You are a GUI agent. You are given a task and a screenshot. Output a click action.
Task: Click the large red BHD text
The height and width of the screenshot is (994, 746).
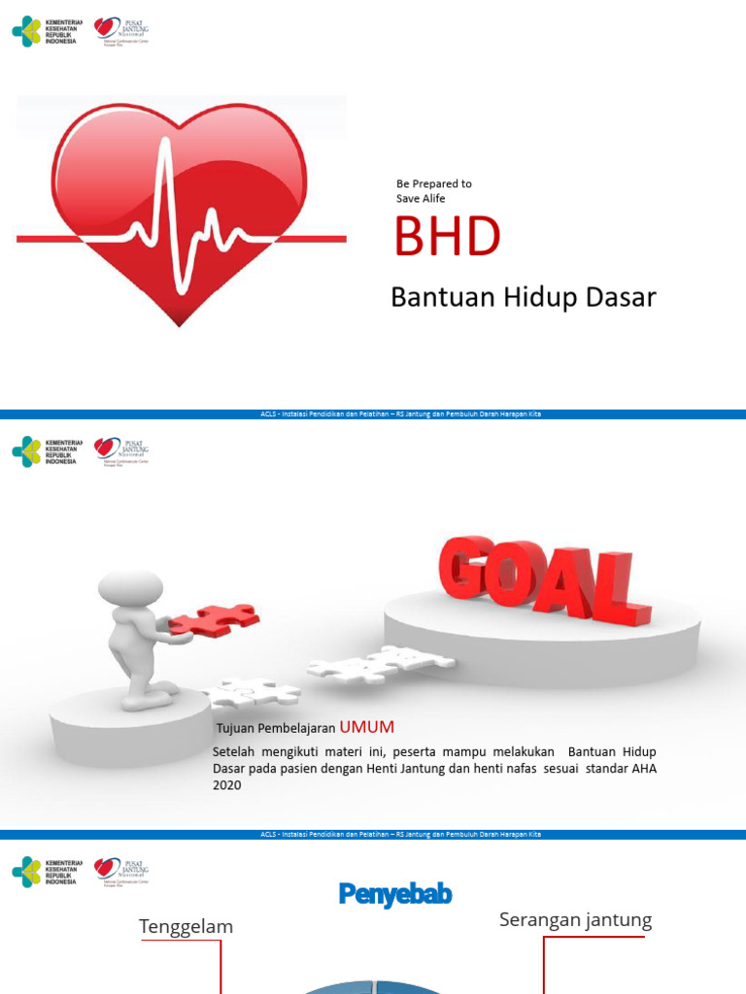click(447, 237)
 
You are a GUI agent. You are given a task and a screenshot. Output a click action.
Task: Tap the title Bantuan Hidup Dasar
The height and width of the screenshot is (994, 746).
click(523, 297)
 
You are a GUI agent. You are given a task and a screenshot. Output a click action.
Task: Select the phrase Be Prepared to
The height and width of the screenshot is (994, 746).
click(433, 183)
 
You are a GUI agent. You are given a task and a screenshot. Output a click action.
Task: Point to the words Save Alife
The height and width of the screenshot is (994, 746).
click(421, 199)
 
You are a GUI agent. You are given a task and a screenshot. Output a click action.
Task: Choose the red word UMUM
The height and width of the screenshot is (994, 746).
click(367, 727)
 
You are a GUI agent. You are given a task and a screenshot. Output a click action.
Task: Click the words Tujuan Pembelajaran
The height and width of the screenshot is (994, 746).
click(276, 728)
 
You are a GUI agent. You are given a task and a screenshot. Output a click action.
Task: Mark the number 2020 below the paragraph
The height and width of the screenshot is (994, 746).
click(226, 785)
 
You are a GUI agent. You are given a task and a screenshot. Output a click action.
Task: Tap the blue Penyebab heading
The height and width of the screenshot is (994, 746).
click(395, 894)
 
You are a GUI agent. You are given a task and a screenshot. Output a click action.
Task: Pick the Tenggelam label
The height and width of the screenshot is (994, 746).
click(186, 927)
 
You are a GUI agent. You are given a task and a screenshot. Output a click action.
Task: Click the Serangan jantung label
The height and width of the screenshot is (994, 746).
click(575, 920)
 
